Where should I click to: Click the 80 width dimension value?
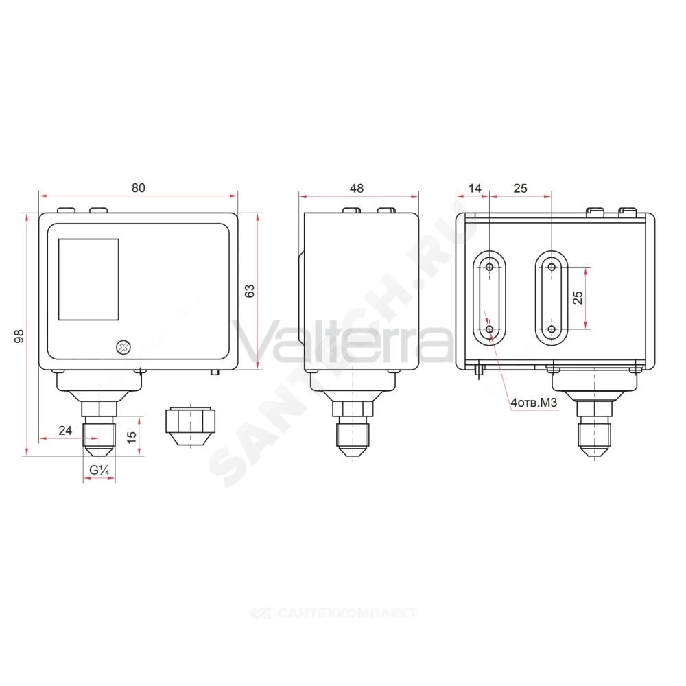(x=139, y=188)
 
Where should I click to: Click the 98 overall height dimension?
(x=19, y=336)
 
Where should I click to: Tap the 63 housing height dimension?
(x=250, y=291)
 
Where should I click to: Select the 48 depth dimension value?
(x=357, y=188)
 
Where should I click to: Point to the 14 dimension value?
(x=475, y=188)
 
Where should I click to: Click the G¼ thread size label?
(x=99, y=470)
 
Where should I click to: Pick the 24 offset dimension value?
(x=65, y=431)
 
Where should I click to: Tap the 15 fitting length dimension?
(x=131, y=436)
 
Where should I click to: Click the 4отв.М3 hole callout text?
(x=534, y=403)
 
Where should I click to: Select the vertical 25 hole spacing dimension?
(x=578, y=298)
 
